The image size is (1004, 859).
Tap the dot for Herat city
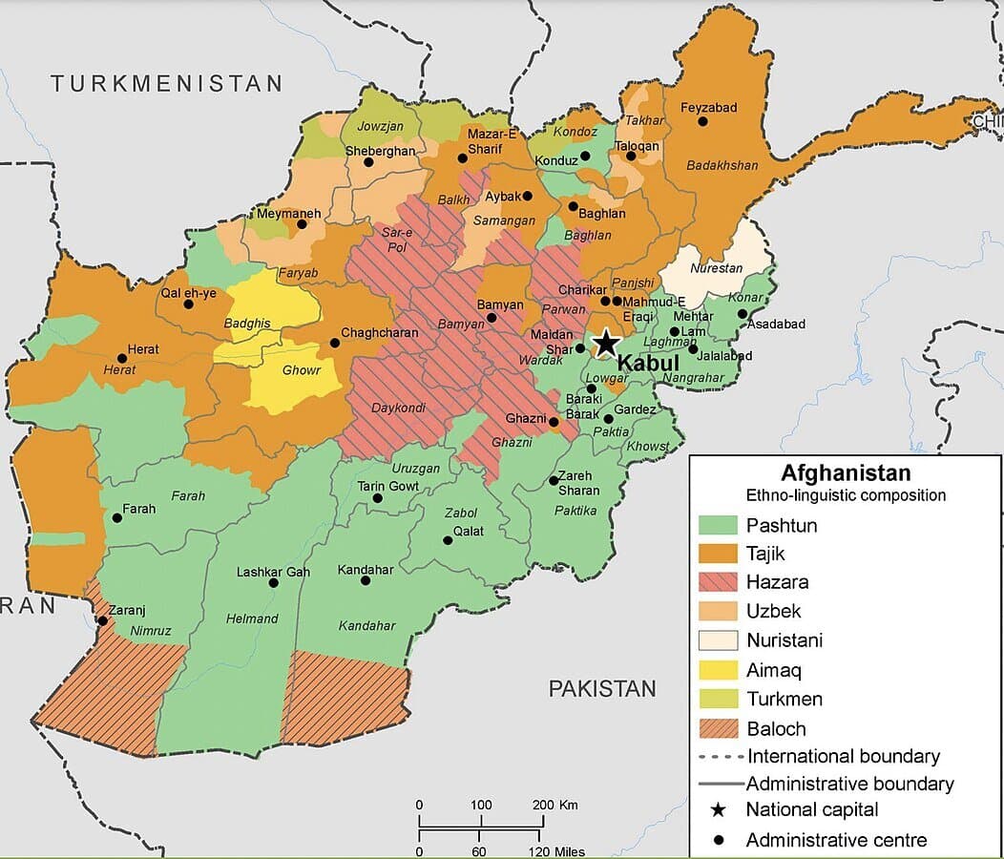click(121, 359)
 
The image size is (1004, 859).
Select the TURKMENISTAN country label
click(167, 83)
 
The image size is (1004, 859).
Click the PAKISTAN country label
click(602, 688)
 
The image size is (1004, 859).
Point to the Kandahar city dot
click(366, 580)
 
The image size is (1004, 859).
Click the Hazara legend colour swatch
click(719, 582)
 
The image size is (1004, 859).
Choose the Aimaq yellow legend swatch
click(719, 670)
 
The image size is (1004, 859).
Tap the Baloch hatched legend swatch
click(719, 728)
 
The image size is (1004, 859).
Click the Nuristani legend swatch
click(719, 640)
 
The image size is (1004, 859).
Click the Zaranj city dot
click(102, 620)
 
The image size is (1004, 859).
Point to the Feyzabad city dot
click(703, 121)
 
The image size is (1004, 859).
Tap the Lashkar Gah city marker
click(274, 582)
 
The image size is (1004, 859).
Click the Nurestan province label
click(715, 268)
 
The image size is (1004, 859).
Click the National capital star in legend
click(719, 810)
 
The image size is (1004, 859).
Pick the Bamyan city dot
click(492, 318)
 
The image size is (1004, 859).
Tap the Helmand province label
click(252, 618)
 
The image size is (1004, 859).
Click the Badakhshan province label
click(722, 165)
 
